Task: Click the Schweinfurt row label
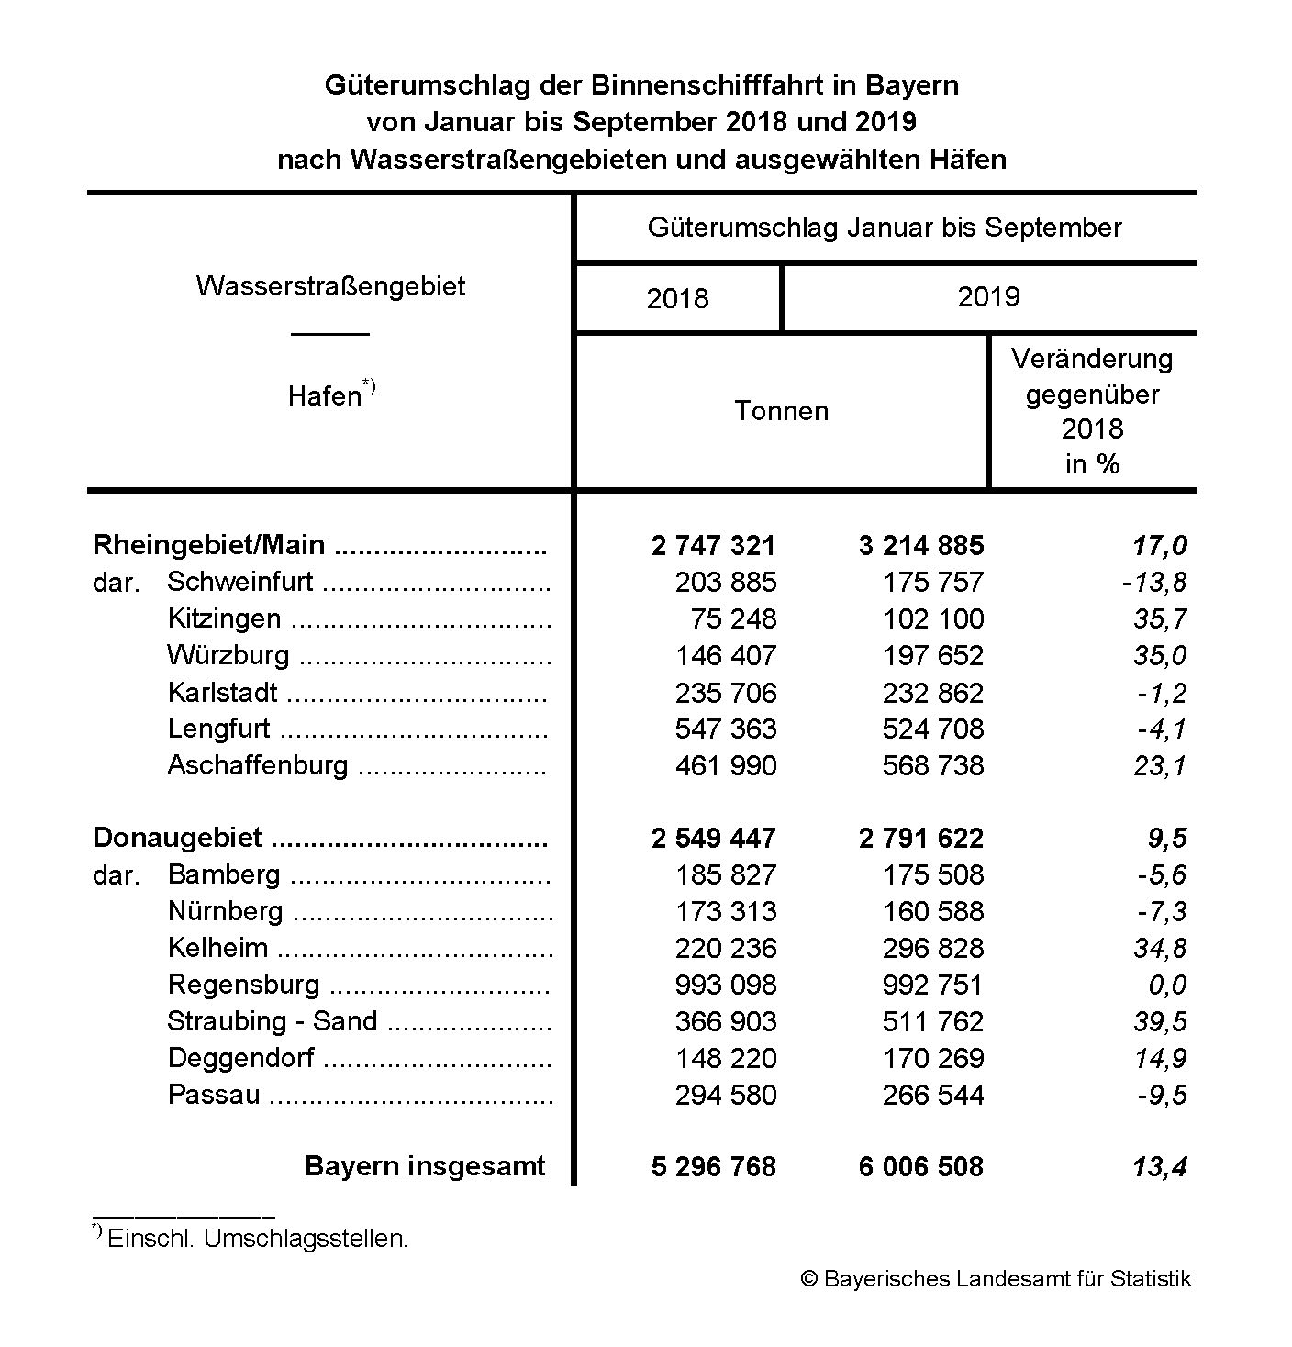[x=239, y=582]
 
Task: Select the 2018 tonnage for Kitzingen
[x=732, y=619]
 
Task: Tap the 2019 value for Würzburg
[x=932, y=656]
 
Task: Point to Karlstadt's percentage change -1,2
[x=1160, y=693]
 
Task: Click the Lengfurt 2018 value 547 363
[x=725, y=729]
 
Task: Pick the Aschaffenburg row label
[x=257, y=765]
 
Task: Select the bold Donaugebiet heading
[x=177, y=838]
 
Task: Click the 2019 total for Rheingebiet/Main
[x=920, y=546]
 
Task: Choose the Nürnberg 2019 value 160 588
[x=932, y=911]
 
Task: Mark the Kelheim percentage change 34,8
[x=1160, y=948]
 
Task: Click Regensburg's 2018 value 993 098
[x=725, y=985]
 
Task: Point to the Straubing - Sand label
[x=272, y=1021]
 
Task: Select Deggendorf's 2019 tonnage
[x=932, y=1058]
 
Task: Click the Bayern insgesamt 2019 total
[x=920, y=1166]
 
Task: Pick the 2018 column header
[x=677, y=298]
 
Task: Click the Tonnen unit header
[x=781, y=410]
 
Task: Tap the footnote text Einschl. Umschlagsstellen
[x=257, y=1238]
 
